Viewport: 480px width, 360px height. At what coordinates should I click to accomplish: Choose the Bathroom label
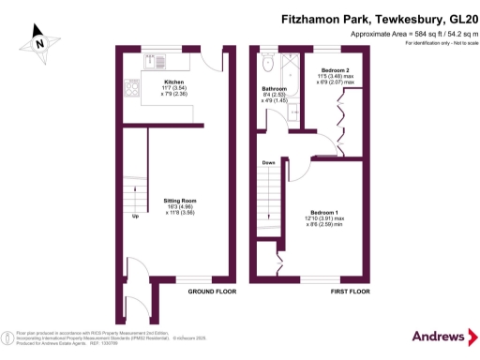click(275, 88)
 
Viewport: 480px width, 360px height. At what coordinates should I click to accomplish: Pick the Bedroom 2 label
click(336, 70)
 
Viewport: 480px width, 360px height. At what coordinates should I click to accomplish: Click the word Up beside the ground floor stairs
click(136, 217)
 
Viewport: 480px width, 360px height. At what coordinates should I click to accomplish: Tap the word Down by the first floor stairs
click(268, 162)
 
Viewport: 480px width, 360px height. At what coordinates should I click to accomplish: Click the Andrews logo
click(439, 336)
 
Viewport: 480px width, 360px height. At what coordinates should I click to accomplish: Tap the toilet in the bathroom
click(269, 64)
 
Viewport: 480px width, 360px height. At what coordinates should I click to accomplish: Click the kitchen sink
click(159, 62)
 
